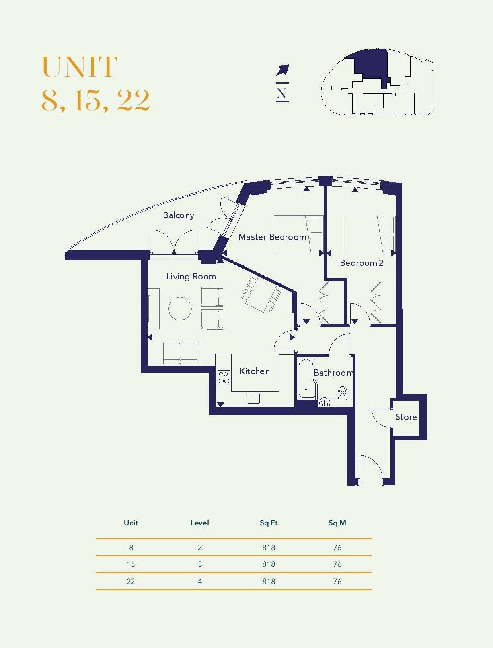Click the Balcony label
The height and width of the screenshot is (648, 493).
pos(178,215)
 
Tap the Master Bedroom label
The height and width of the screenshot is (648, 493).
pos(272,237)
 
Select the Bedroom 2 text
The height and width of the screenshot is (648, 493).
pos(361,263)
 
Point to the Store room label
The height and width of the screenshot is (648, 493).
pos(406,417)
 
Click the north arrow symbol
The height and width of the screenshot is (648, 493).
pos(283,70)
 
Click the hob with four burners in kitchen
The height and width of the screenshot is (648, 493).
pos(224,377)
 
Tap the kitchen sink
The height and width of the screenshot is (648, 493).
pos(253,398)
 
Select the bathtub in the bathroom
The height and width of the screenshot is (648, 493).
pos(306,379)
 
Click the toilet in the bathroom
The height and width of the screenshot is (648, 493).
pos(343,394)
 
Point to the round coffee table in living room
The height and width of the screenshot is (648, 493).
pos(180,308)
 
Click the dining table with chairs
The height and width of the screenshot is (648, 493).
pos(261,295)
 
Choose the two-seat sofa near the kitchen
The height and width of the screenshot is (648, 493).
pos(180,353)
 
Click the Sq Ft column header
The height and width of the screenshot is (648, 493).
pos(268,523)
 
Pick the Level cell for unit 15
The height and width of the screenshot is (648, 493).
pos(200,564)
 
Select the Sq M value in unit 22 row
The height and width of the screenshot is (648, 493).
pos(337,582)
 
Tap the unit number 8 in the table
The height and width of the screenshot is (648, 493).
pos(131,548)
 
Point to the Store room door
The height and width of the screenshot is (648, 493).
pos(381,418)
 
